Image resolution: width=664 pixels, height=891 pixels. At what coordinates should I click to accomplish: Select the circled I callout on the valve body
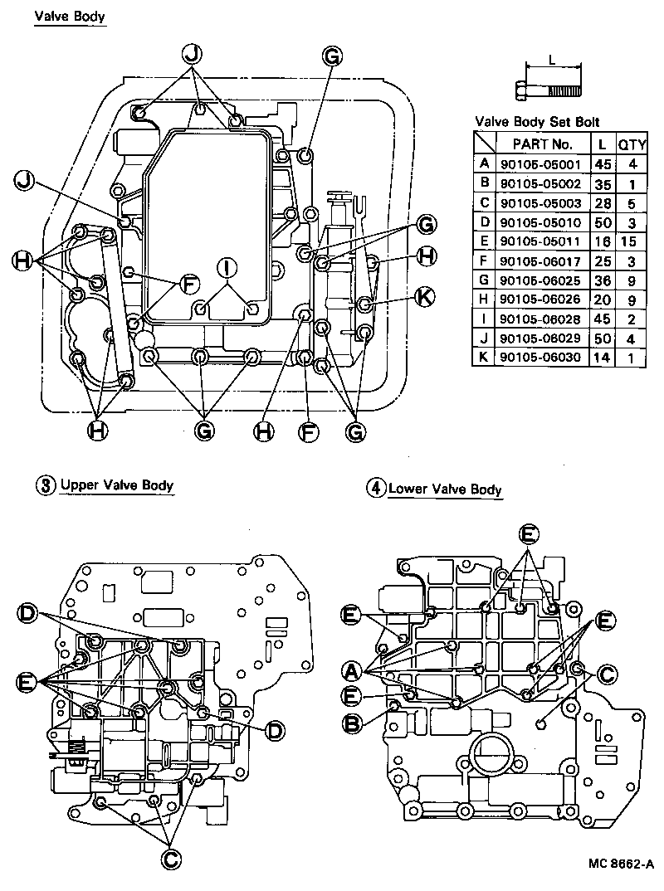click(225, 267)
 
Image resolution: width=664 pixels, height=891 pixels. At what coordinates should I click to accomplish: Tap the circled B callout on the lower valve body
click(352, 723)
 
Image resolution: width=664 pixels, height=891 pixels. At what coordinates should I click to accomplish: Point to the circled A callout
click(352, 669)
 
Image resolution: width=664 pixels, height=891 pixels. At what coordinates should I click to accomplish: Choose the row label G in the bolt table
click(484, 280)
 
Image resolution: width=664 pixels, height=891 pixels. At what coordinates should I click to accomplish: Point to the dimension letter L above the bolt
click(553, 60)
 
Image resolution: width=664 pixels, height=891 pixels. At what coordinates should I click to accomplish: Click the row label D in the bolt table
click(484, 222)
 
